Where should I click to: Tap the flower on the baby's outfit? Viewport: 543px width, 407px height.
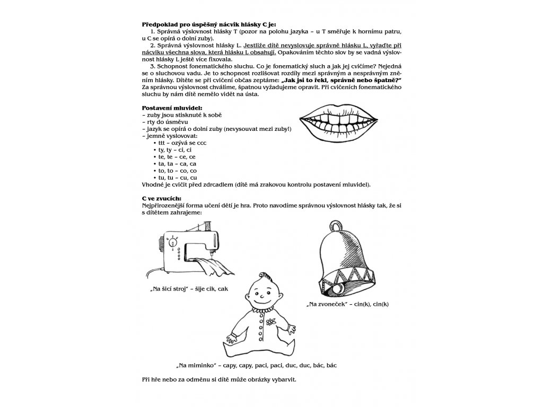[x=273, y=321]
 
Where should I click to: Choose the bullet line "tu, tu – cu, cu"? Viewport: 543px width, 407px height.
[x=178, y=178]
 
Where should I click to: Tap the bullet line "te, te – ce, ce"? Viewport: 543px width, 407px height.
[x=178, y=157]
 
